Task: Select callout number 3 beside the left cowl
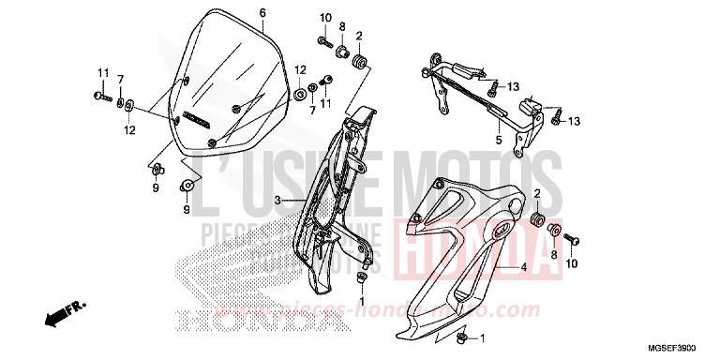click(x=277, y=201)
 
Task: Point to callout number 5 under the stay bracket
click(x=499, y=141)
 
